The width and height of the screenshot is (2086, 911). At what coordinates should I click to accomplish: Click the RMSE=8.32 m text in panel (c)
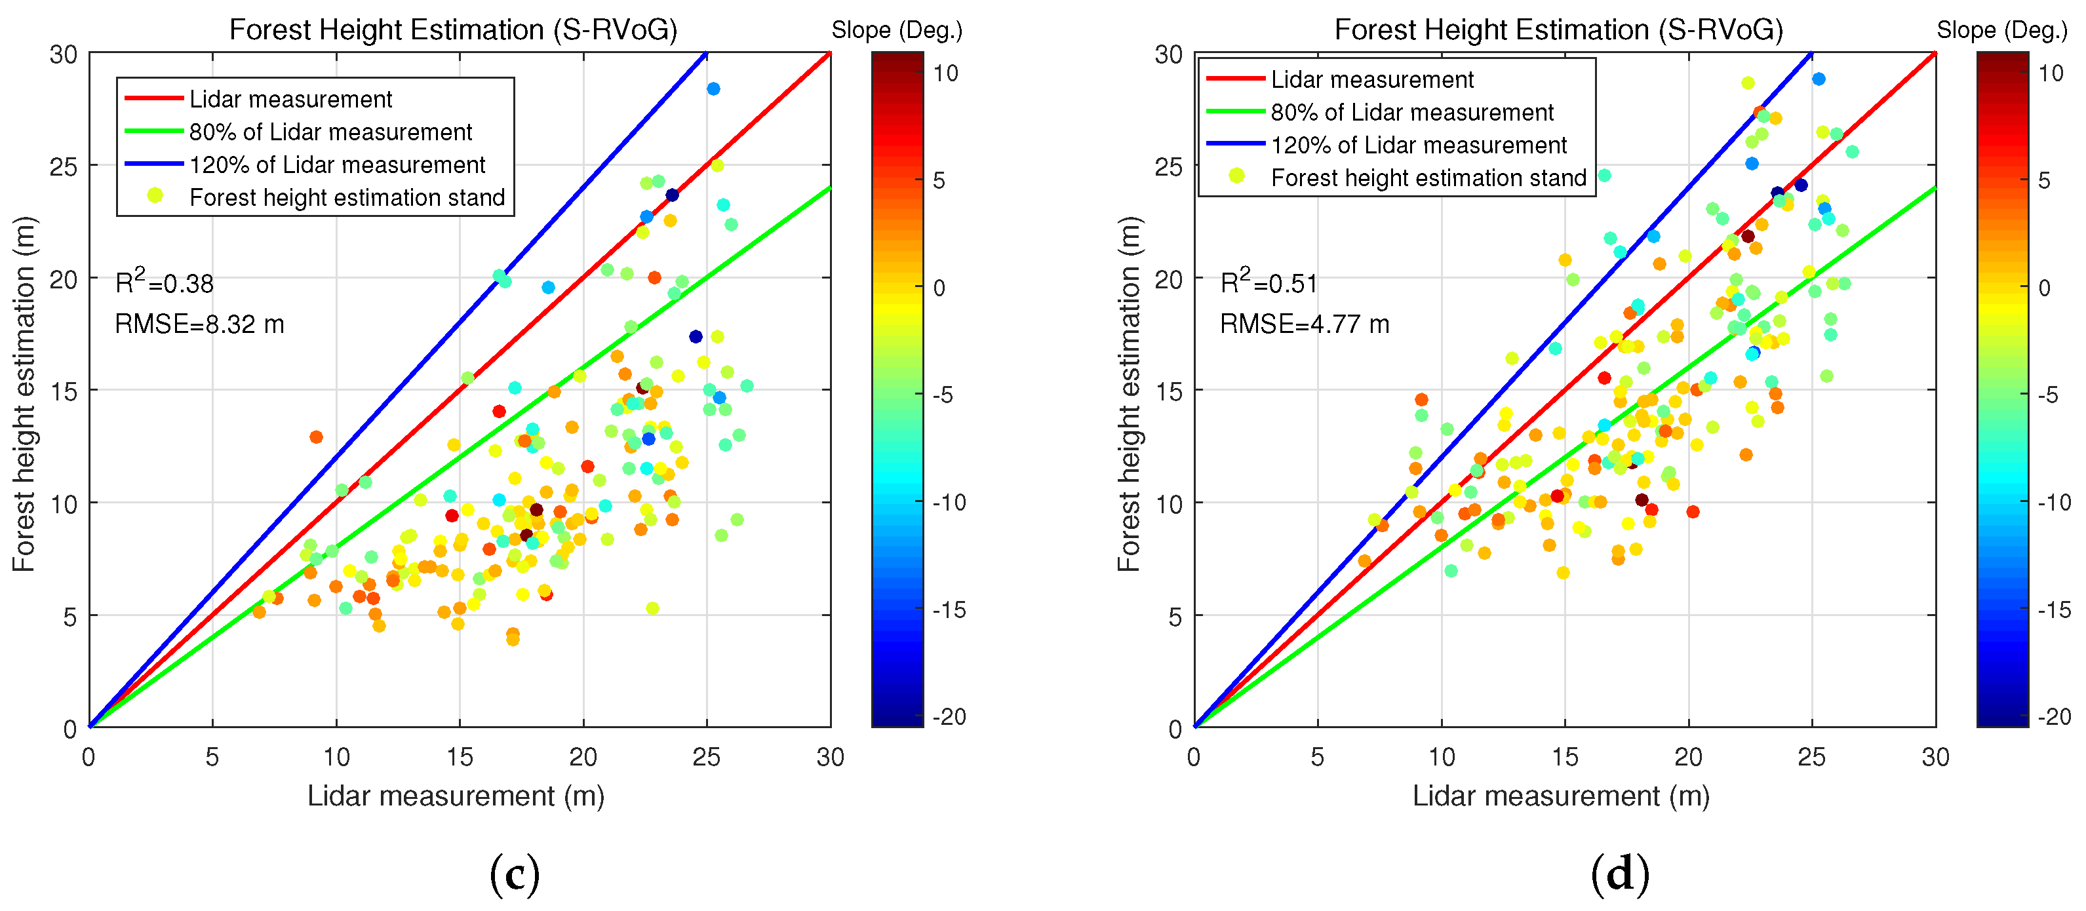click(x=199, y=324)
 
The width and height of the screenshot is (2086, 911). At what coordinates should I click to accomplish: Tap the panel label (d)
click(x=1619, y=874)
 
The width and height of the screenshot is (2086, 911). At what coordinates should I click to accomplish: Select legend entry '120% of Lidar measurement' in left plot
click(x=337, y=165)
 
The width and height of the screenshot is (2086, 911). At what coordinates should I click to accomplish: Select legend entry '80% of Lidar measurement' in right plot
click(x=1412, y=113)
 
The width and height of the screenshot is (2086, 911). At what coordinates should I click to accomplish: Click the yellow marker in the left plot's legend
click(x=155, y=197)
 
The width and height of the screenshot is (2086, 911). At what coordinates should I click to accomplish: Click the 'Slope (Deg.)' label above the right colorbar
click(x=2002, y=31)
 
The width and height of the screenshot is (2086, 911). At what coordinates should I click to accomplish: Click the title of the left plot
click(x=453, y=30)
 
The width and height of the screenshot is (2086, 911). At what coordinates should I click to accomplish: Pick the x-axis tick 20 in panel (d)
click(x=1688, y=757)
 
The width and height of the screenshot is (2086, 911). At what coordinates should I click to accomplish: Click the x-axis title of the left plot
click(x=456, y=796)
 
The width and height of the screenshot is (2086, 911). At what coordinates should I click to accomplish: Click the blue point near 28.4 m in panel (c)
click(x=713, y=89)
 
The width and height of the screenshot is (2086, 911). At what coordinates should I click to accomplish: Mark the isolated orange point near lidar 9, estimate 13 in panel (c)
click(x=316, y=437)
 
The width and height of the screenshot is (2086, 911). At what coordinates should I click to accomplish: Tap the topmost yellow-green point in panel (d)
click(x=1748, y=83)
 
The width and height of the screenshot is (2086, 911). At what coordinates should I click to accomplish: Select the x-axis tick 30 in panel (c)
click(x=830, y=757)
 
